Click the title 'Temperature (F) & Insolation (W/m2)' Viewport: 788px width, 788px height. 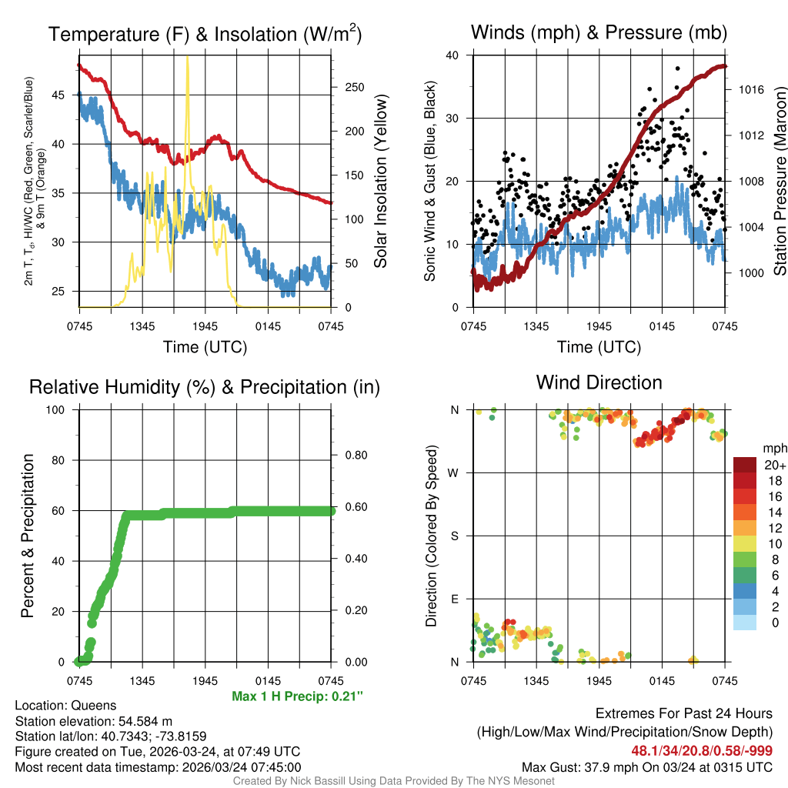[x=205, y=35]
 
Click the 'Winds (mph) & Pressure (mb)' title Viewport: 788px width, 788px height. [x=599, y=32]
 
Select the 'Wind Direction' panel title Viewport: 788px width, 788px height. [x=599, y=382]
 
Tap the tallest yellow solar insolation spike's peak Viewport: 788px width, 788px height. [x=188, y=58]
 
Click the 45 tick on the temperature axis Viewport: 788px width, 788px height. [x=59, y=95]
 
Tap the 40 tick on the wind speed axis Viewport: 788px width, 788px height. [x=452, y=55]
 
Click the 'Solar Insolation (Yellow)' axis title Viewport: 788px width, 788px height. [x=380, y=182]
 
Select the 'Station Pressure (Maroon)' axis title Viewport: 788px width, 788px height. [x=779, y=182]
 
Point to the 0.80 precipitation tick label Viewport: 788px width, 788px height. [x=355, y=456]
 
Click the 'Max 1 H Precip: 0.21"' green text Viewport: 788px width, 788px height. [x=297, y=696]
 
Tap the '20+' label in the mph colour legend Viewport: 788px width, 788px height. [x=774, y=465]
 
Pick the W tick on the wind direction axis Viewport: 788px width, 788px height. [x=453, y=472]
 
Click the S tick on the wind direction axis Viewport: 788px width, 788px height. [x=454, y=536]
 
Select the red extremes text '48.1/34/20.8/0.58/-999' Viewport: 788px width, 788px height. [x=702, y=750]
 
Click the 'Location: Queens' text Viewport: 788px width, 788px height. [x=65, y=705]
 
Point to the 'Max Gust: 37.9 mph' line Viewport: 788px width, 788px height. [x=646, y=766]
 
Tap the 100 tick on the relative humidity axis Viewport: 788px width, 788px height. [x=56, y=409]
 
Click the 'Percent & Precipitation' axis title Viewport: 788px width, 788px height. [x=28, y=536]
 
